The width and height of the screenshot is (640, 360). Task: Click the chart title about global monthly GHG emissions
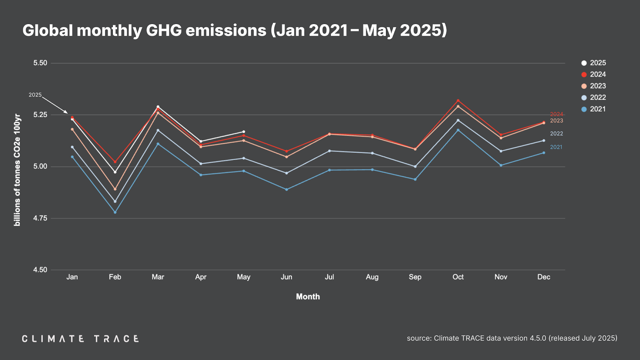coord(234,30)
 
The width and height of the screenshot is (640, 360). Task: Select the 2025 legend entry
coord(594,63)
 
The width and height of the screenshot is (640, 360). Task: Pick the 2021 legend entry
coord(594,109)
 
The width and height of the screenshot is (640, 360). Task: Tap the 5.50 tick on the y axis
coord(40,63)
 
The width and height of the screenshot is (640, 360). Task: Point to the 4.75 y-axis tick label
coord(40,218)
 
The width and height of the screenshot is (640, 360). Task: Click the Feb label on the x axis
coord(115,277)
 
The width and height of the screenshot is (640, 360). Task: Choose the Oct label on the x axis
coord(458,277)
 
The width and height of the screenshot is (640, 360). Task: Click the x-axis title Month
coord(308,296)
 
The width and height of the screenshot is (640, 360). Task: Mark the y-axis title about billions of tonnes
coord(17,170)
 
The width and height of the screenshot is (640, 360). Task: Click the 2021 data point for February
coord(115,212)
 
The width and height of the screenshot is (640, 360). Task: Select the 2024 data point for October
coord(458,100)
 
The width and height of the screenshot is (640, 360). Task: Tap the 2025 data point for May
coord(244,132)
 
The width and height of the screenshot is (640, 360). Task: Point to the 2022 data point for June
coord(286,173)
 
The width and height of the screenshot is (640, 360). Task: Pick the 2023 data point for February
coord(115,189)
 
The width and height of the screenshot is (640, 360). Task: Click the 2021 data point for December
coord(544,153)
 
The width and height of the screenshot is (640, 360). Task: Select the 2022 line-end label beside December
coord(556,134)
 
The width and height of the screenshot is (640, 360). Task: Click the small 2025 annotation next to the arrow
coord(35,95)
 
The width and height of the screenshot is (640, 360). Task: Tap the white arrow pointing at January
coord(55,105)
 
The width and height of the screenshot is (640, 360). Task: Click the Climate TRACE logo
coord(80,339)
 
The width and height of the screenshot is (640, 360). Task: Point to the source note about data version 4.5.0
coord(512,338)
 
